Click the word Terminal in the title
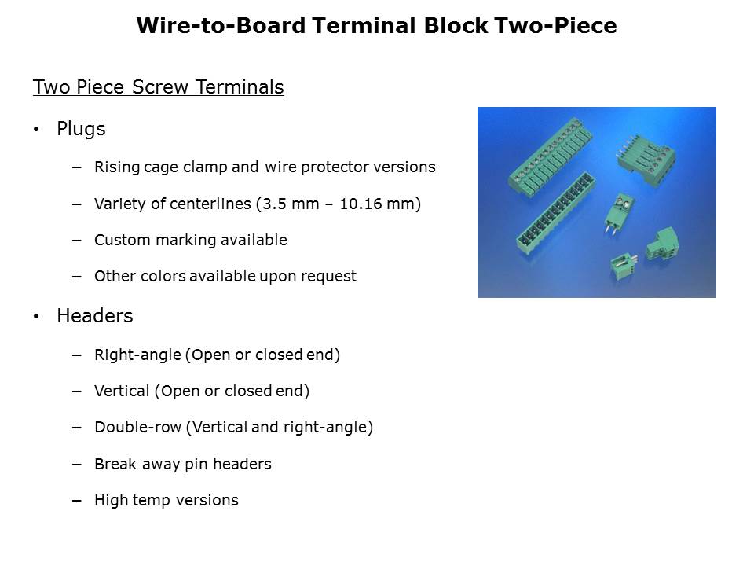pyautogui.click(x=363, y=25)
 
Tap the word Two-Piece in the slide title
pyautogui.click(x=555, y=25)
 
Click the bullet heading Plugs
pyautogui.click(x=81, y=130)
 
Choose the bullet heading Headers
pyautogui.click(x=95, y=316)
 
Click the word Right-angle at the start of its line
pyautogui.click(x=137, y=355)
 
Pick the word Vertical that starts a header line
pyautogui.click(x=122, y=391)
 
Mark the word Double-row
pyautogui.click(x=137, y=428)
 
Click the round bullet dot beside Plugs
pyautogui.click(x=36, y=130)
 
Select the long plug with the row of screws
pyautogui.click(x=550, y=155)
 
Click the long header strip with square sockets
pyautogui.click(x=555, y=213)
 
